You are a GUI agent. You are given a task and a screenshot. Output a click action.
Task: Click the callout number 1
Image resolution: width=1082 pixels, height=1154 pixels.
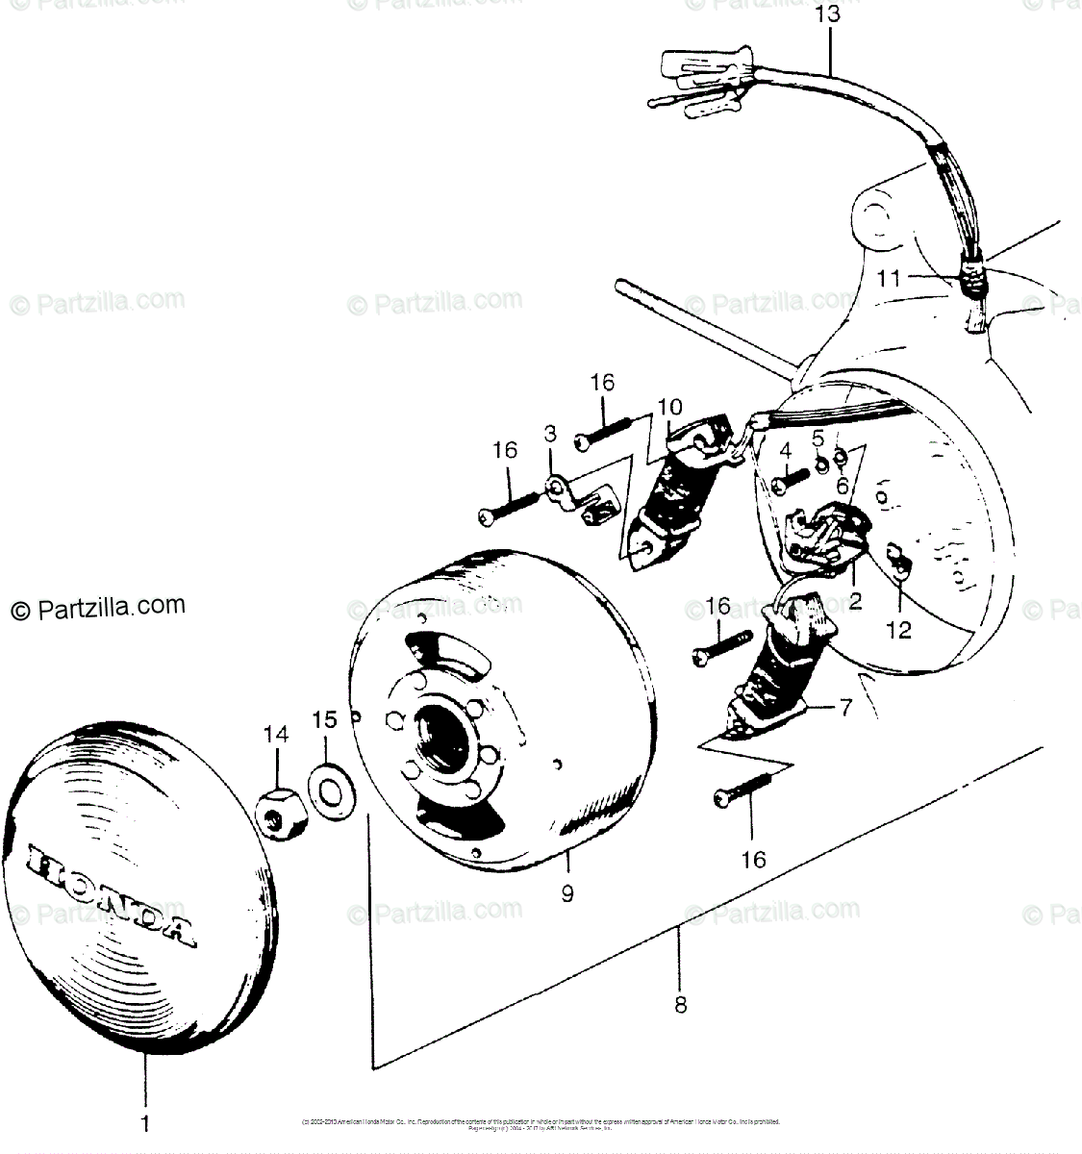146,1121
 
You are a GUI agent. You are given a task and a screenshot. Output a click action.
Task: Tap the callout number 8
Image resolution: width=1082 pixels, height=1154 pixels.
680,1005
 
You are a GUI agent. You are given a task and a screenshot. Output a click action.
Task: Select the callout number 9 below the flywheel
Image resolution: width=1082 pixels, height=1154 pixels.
567,893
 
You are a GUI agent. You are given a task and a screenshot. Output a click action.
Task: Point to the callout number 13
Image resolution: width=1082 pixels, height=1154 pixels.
827,14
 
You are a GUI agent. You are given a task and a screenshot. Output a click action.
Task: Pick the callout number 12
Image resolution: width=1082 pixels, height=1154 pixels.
898,631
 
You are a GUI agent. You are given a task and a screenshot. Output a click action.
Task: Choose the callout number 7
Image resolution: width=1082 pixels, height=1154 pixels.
845,709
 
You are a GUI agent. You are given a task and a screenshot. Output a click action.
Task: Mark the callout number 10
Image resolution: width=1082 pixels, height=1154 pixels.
669,407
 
